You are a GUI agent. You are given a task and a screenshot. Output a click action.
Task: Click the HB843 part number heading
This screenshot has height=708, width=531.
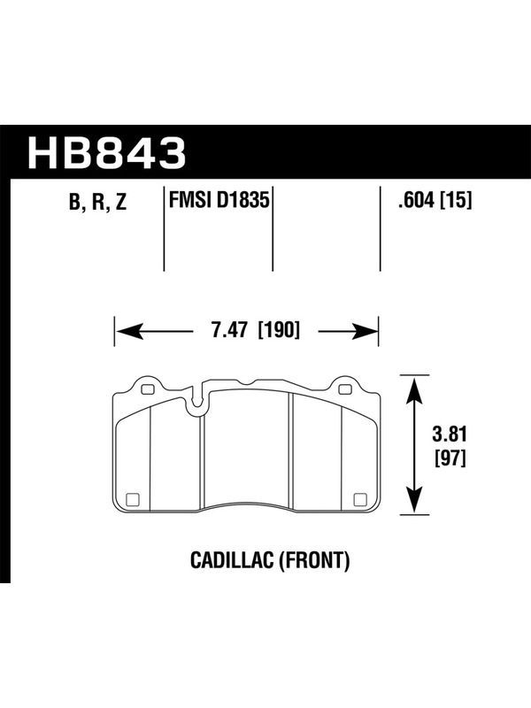pos(106,152)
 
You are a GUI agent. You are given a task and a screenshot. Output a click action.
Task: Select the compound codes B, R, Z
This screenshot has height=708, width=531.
pos(98,203)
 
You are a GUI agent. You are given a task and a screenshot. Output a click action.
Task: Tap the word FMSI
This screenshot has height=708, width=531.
pos(190,200)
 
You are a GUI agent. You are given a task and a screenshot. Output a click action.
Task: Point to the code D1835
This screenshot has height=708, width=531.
pos(242,200)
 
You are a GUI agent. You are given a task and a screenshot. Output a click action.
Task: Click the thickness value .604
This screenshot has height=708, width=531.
pos(416,200)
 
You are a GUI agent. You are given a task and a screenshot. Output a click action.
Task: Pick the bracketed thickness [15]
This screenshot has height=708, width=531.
pos(456,200)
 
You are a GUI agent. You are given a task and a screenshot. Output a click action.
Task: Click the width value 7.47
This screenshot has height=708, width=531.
pos(229,330)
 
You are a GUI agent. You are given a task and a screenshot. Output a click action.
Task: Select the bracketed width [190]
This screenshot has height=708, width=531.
pos(279,330)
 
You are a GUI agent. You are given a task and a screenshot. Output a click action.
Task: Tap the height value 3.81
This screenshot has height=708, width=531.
pos(450,435)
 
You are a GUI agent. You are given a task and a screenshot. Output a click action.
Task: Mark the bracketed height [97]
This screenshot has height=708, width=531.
pos(450,459)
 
